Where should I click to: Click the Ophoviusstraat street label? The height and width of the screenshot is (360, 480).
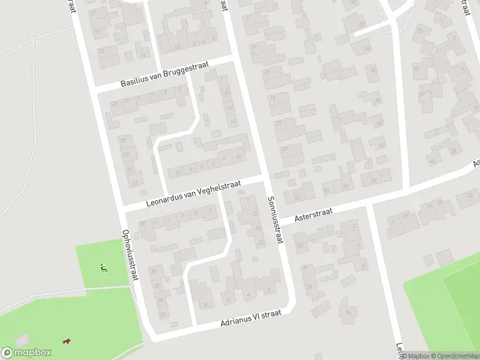pyautogui.click(x=130, y=255)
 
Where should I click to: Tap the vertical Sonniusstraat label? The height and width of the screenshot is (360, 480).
pyautogui.click(x=275, y=219)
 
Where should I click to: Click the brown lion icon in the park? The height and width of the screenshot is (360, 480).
pyautogui.click(x=66, y=342)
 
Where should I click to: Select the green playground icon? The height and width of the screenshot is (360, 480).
pyautogui.click(x=104, y=268)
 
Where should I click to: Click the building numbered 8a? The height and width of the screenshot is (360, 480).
pyautogui.click(x=348, y=313)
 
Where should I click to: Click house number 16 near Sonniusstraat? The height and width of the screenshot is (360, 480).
pyautogui.click(x=239, y=157)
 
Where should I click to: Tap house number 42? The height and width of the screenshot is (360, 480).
pyautogui.click(x=382, y=145)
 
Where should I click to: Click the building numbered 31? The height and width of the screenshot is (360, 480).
pyautogui.click(x=131, y=170)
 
